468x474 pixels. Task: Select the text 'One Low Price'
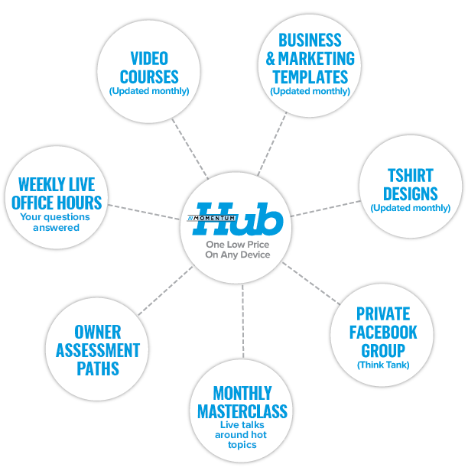[x=238, y=244]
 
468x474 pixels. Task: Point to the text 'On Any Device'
[x=238, y=255]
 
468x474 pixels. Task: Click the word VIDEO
[x=149, y=59]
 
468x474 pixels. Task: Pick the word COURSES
[x=149, y=76]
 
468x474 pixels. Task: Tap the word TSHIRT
[x=410, y=175]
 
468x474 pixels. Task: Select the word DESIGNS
[x=410, y=193]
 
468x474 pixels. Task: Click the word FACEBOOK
[x=383, y=333]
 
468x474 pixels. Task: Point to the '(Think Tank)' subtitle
[x=383, y=365]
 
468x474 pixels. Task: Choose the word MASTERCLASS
[x=242, y=411]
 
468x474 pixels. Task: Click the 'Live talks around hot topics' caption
[x=242, y=434]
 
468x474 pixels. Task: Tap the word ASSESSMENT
[x=98, y=351]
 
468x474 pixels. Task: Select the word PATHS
[x=98, y=368]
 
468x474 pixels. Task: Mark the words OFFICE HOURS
[x=57, y=203]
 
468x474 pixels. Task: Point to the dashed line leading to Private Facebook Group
[x=310, y=284]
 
